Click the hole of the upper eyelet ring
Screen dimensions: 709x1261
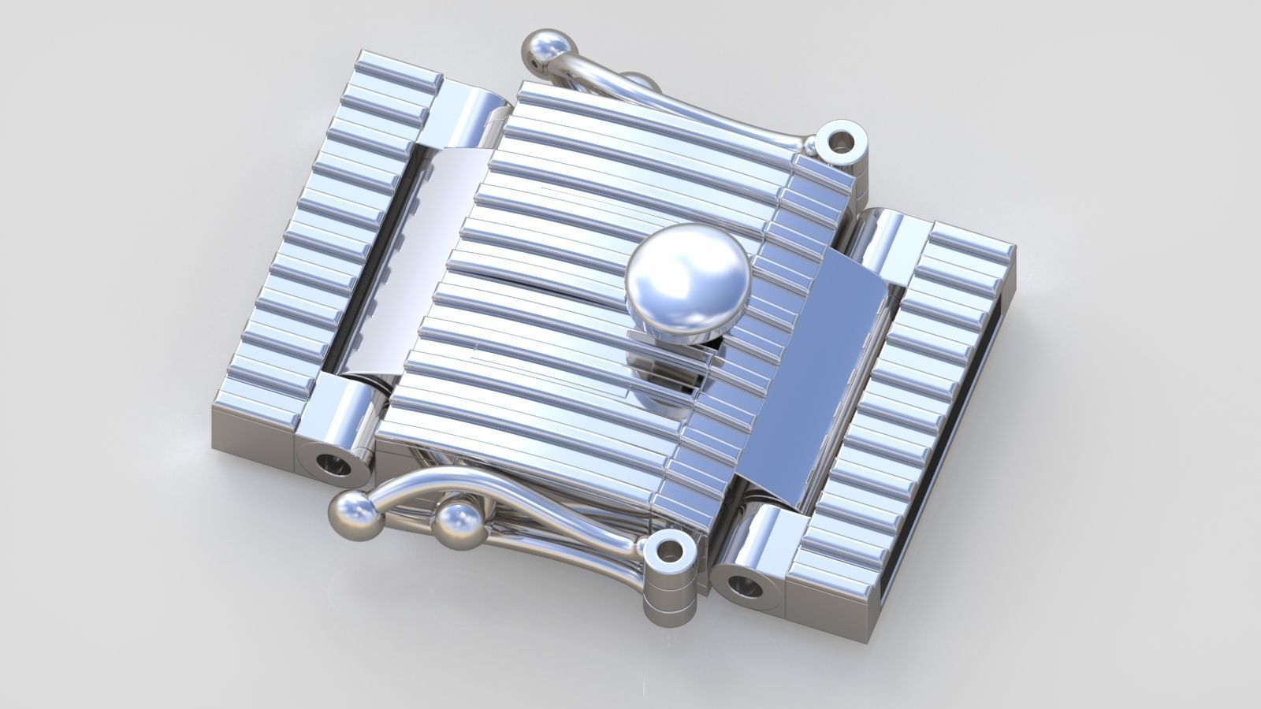coord(843,143)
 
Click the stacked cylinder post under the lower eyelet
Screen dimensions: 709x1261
coord(669,599)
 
